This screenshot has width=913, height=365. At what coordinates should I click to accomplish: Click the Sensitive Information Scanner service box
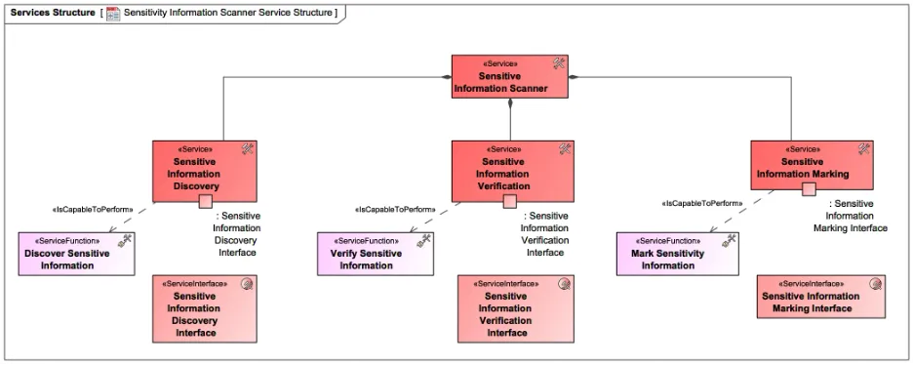510,77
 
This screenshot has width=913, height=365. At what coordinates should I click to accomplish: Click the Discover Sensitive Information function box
77,254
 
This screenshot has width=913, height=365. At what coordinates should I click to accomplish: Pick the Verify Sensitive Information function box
376,254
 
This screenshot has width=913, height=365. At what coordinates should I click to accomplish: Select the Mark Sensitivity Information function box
676,254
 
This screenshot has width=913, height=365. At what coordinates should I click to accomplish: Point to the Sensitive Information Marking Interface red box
820,297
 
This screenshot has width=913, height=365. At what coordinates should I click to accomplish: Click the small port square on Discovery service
205,202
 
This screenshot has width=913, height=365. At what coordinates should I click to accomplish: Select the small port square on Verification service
509,202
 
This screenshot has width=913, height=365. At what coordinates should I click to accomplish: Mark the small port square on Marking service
809,189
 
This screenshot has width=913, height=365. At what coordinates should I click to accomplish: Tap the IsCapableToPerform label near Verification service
395,209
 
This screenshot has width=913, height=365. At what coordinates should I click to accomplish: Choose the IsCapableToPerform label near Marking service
701,203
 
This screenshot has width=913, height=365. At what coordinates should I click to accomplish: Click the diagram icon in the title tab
113,13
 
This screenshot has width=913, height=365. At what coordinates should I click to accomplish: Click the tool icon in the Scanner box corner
559,62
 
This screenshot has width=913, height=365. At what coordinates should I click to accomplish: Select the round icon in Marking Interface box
875,285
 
